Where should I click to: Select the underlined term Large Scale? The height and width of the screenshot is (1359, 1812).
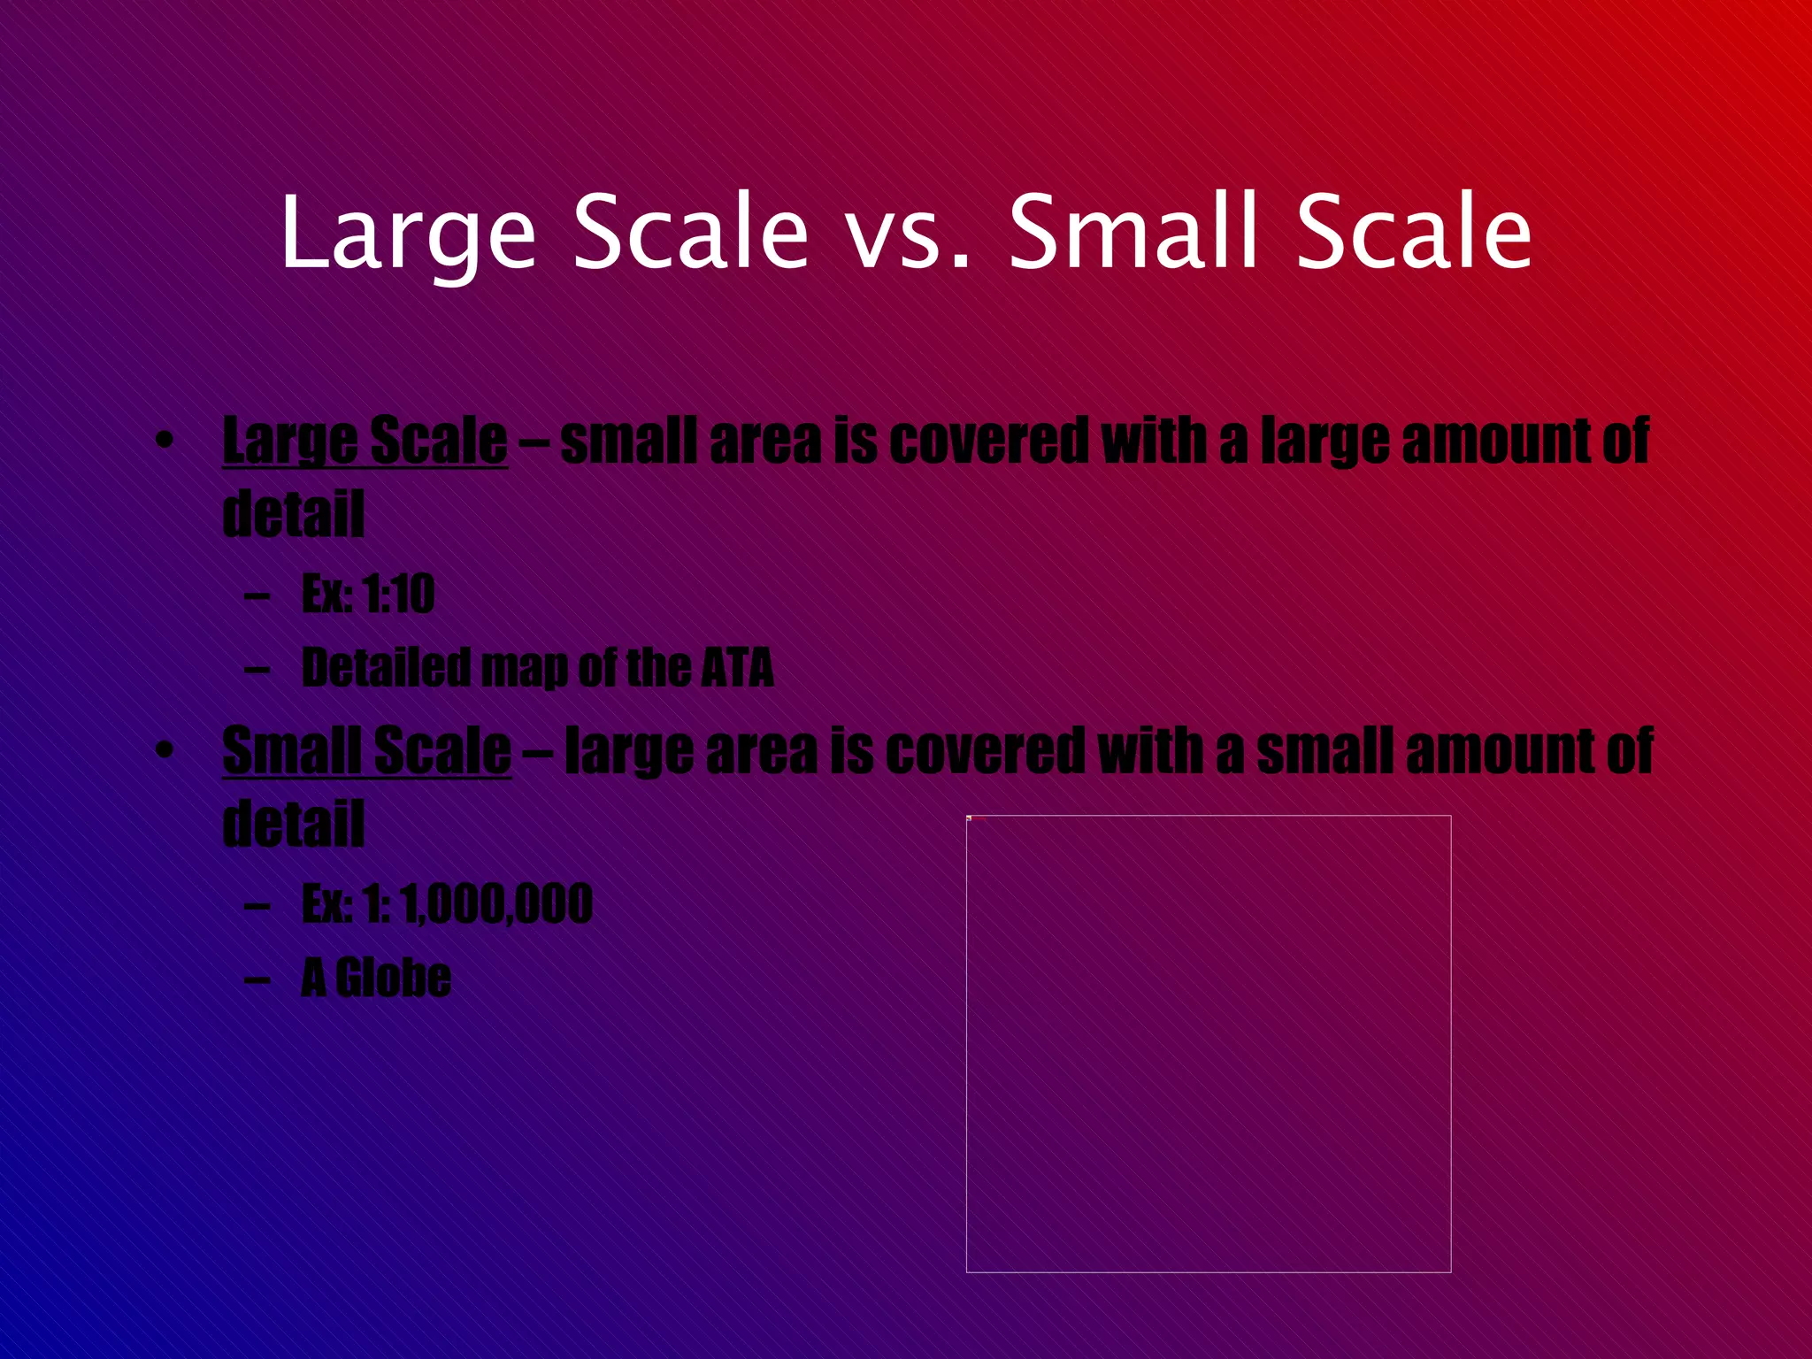tap(365, 441)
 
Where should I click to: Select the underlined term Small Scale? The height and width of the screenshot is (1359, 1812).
tap(366, 751)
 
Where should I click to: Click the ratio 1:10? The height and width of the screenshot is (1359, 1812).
tap(399, 594)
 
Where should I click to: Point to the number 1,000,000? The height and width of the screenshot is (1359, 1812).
tap(495, 904)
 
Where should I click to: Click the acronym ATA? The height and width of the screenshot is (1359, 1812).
tap(737, 668)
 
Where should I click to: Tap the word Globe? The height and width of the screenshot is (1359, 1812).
tap(394, 979)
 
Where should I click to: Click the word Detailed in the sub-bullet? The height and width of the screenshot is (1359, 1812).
tap(386, 668)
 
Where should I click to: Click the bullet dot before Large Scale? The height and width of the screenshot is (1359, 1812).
tap(163, 441)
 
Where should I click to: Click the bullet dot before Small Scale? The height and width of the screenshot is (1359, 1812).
tap(163, 751)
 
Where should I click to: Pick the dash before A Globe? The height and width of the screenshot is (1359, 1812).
tap(257, 979)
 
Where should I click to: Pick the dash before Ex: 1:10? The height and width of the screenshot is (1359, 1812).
tap(257, 595)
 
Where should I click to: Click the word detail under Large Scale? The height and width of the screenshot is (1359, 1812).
tap(293, 514)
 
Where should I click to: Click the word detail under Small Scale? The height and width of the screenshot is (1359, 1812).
tap(293, 825)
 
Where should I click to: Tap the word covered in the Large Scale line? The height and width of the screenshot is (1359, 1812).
tap(988, 441)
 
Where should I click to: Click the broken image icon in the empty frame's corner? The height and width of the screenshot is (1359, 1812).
tap(970, 818)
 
